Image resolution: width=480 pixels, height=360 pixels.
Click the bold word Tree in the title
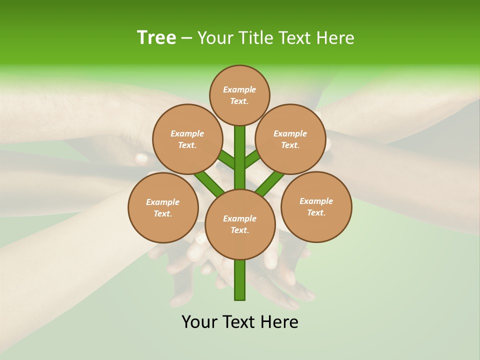coord(156,38)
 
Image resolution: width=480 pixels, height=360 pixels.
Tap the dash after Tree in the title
coord(187,39)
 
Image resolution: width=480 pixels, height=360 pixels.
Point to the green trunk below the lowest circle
coord(240,280)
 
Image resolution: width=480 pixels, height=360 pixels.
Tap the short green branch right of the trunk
coord(252,159)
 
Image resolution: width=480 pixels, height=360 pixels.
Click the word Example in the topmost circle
coord(239,89)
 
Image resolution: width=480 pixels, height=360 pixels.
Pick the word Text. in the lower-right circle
coord(316,212)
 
